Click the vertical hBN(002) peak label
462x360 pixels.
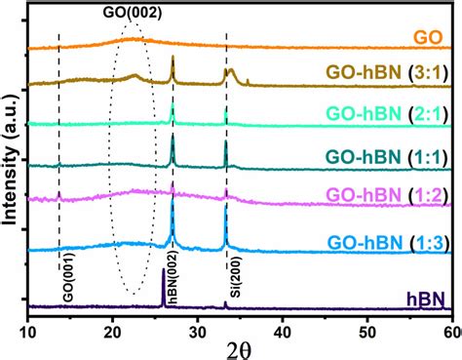(x=172, y=277)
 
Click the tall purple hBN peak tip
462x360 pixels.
(x=163, y=270)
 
